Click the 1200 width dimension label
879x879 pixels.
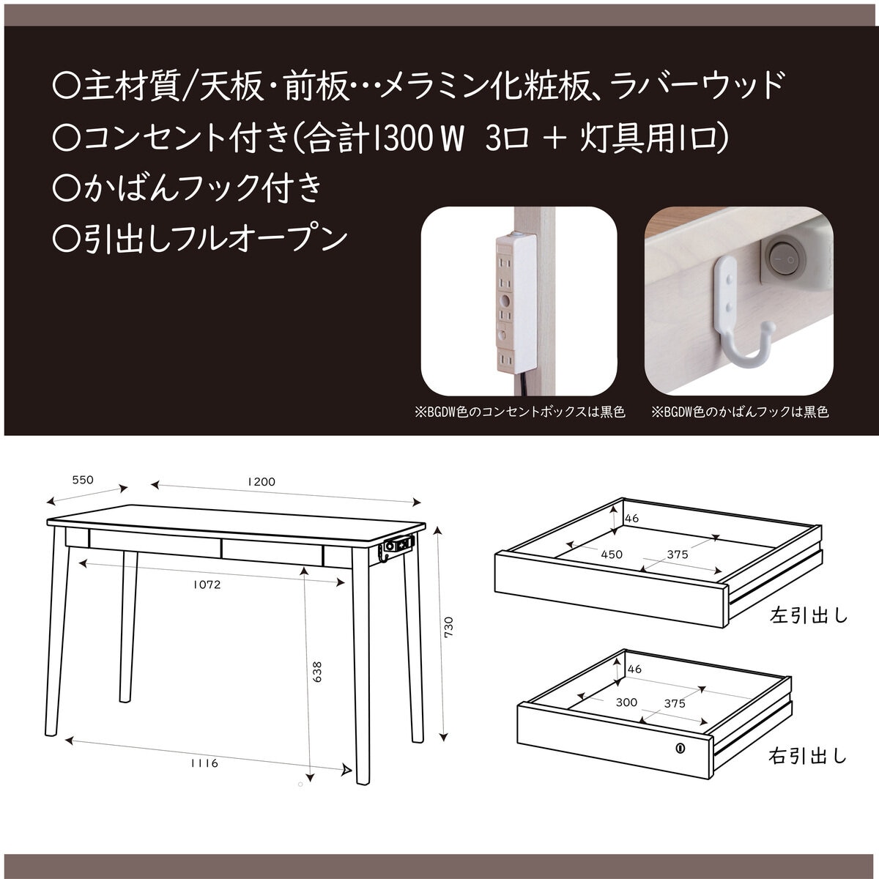click(x=261, y=481)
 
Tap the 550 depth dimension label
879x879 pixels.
click(x=83, y=481)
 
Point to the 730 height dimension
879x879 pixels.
click(x=448, y=627)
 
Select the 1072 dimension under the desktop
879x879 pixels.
click(x=207, y=585)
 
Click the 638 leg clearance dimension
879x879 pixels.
click(x=316, y=672)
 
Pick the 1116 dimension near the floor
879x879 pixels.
click(x=204, y=763)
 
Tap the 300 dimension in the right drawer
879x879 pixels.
click(x=626, y=702)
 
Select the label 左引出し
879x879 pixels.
click(x=808, y=615)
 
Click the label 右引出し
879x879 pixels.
click(x=807, y=755)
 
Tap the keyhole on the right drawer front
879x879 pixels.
click(x=680, y=749)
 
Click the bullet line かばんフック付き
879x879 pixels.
click(x=188, y=188)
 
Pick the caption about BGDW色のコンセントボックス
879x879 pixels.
click(x=520, y=412)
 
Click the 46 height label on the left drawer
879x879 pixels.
click(x=632, y=519)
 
